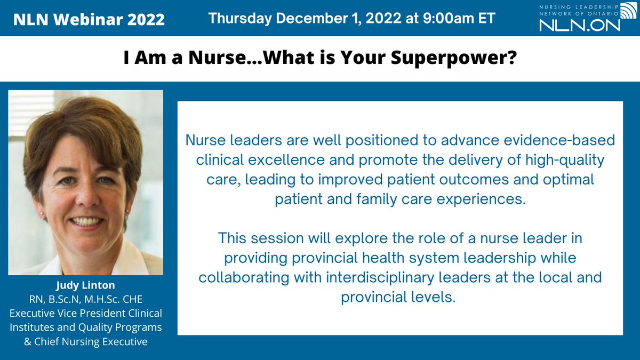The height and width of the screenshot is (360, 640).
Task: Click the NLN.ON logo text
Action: (579, 24)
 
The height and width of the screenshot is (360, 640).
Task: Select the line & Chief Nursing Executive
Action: (86, 341)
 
